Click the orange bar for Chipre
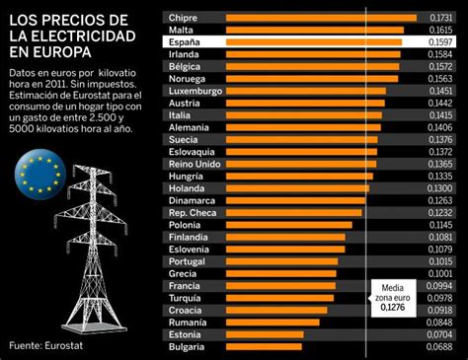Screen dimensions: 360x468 (x=316, y=18)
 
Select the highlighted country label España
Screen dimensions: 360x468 (x=186, y=44)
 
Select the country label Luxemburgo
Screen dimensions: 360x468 (x=195, y=90)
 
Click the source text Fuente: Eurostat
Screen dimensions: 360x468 (x=49, y=345)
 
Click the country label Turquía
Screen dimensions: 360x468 (x=187, y=294)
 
